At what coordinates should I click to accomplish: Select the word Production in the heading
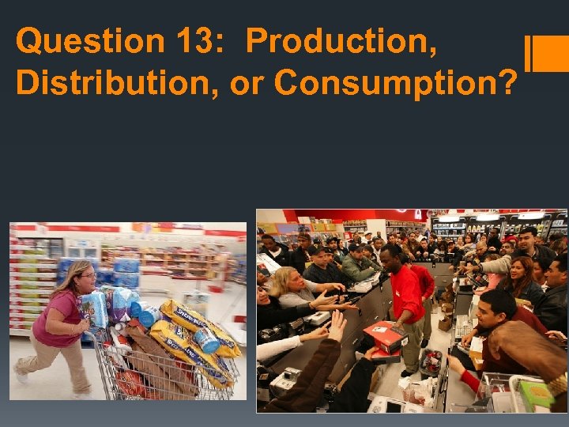pyautogui.click(x=341, y=41)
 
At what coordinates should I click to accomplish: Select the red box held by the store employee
pyautogui.click(x=386, y=336)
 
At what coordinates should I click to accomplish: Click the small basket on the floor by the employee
pyautogui.click(x=430, y=363)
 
